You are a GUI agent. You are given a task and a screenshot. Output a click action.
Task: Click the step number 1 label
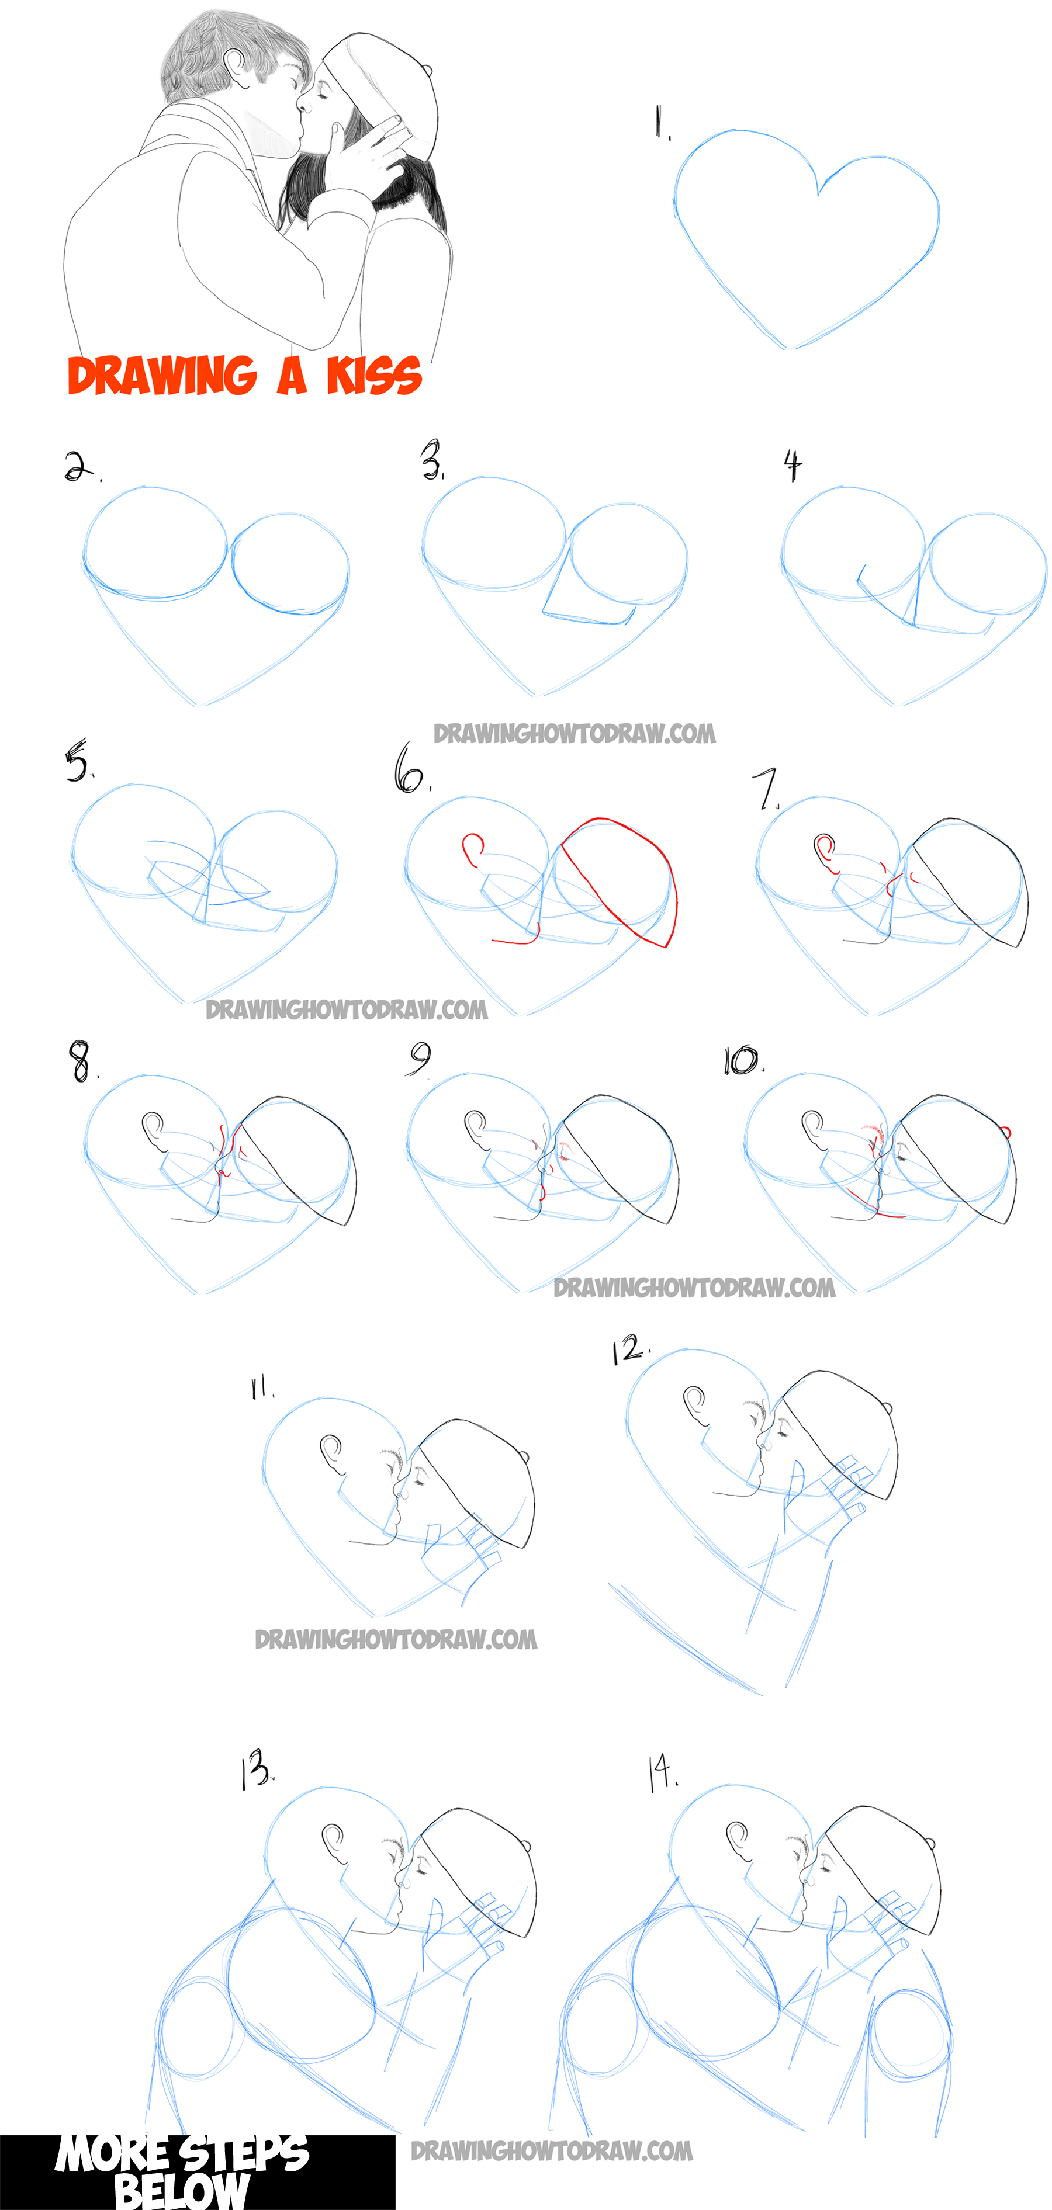point(661,122)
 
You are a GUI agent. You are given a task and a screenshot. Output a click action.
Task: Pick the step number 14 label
point(662,1774)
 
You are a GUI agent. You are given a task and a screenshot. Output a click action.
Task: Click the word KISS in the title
point(373,376)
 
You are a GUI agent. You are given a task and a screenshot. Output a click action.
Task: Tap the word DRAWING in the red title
point(161,376)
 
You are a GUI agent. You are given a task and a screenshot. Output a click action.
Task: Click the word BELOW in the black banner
point(182,2190)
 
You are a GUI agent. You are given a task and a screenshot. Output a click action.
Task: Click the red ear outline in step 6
point(472,849)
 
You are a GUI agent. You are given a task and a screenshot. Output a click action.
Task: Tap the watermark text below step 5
point(347,1009)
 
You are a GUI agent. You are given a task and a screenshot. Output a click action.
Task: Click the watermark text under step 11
point(396,1639)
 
